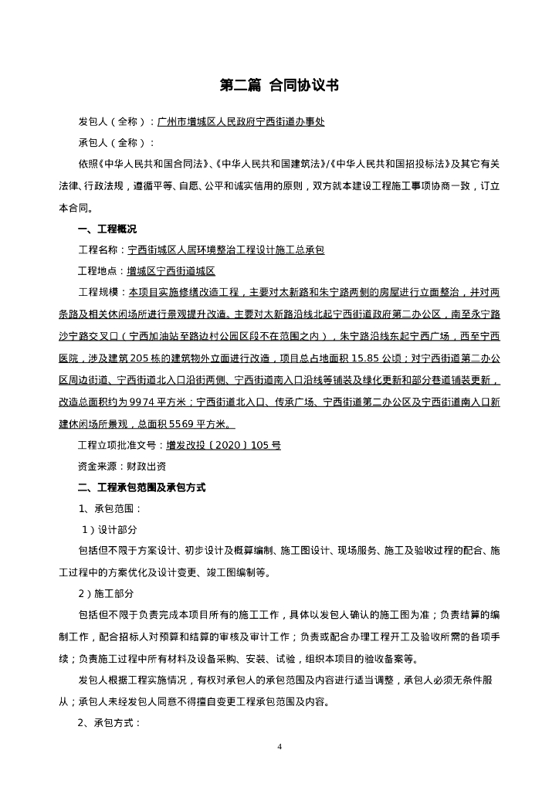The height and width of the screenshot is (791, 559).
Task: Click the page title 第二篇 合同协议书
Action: tap(279, 86)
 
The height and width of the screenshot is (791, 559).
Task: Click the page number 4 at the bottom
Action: tap(279, 747)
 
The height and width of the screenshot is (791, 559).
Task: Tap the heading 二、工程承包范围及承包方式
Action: tap(142, 488)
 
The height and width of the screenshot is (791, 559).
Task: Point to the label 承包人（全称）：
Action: tap(117, 143)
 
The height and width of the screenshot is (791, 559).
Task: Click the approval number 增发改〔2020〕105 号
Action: tap(223, 446)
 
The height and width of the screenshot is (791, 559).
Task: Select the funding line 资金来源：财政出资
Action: tap(121, 467)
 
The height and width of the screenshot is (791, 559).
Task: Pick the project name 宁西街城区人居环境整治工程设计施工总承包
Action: tap(226, 250)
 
